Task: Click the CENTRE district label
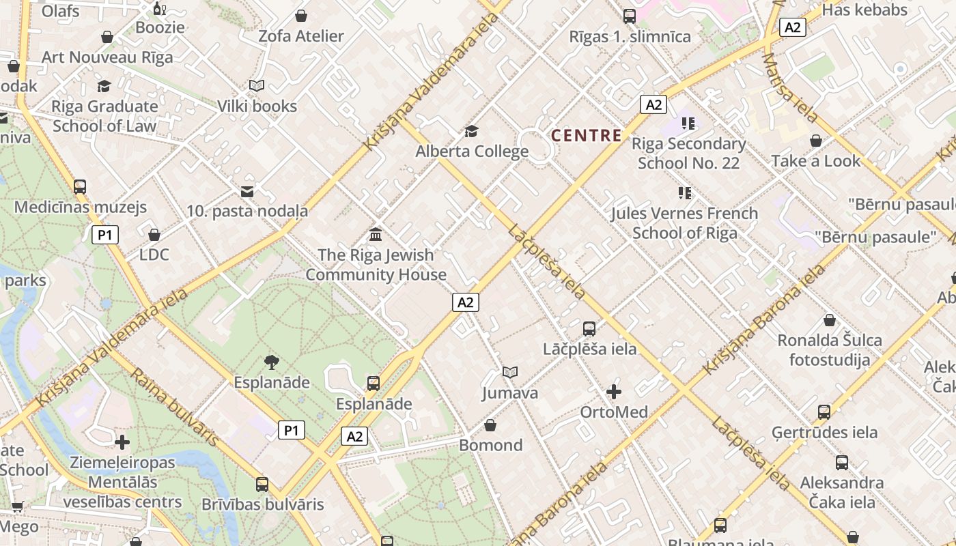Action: (587, 135)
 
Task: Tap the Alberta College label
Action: (472, 151)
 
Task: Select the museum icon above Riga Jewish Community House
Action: (376, 235)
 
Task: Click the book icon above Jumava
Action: (510, 372)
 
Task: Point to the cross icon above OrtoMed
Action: (614, 392)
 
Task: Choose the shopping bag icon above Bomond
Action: (490, 426)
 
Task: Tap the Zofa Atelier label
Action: (301, 36)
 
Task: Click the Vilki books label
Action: (257, 106)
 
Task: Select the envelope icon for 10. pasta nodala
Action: (247, 192)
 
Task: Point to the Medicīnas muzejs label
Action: (81, 207)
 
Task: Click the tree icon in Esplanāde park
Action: (272, 362)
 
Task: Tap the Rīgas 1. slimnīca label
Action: (630, 36)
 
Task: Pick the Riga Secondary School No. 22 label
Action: (688, 153)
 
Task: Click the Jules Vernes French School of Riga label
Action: (684, 223)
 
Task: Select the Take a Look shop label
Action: (816, 161)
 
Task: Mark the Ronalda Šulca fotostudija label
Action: (830, 349)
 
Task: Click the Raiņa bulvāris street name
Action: (173, 407)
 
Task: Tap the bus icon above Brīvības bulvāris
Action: (262, 485)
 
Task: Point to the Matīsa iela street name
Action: (789, 87)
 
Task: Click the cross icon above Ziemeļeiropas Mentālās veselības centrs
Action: (122, 442)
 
